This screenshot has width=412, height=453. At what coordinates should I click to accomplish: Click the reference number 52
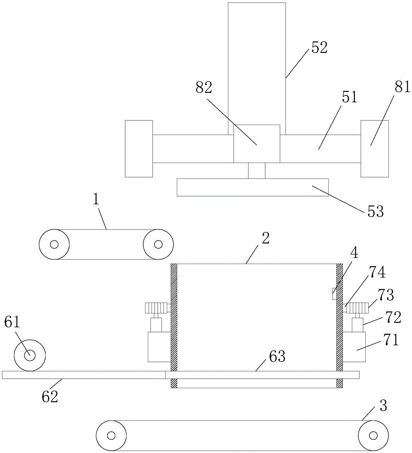click(319, 48)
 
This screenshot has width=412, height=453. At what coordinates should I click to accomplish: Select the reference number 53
click(376, 212)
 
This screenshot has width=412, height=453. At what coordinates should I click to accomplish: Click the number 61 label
click(12, 322)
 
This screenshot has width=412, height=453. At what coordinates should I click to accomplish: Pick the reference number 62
click(50, 397)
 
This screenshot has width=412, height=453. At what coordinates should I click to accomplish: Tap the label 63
click(277, 357)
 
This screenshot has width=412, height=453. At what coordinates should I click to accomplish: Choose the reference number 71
click(391, 340)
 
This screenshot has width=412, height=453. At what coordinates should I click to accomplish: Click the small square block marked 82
click(257, 144)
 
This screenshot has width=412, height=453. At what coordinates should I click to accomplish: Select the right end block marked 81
click(375, 149)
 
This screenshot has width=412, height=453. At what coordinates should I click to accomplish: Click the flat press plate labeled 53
click(253, 188)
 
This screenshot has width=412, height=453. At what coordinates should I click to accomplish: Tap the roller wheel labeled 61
click(30, 356)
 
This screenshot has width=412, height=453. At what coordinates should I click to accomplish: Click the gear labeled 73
click(357, 308)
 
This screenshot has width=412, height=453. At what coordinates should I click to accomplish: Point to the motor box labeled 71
click(354, 347)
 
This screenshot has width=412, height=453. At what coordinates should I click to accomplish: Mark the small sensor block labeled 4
click(334, 294)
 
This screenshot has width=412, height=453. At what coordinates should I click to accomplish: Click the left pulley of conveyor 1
click(54, 245)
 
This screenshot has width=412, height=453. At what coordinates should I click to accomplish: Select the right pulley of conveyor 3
click(373, 435)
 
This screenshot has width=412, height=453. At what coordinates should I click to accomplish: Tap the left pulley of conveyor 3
click(111, 435)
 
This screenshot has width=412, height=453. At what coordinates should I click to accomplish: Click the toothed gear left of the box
click(156, 308)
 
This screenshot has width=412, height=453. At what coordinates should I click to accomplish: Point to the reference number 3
click(383, 406)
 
